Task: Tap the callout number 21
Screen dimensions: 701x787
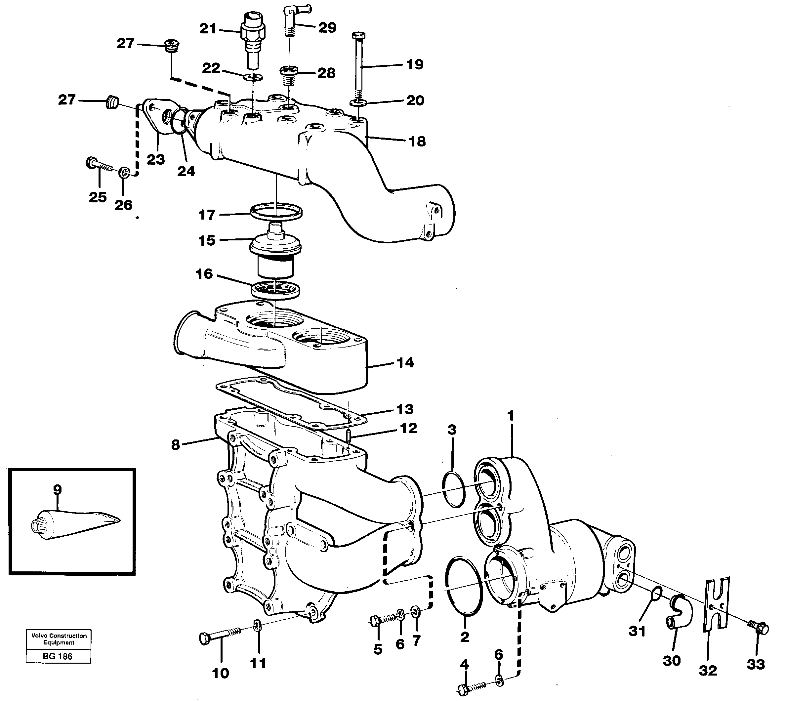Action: pos(208,28)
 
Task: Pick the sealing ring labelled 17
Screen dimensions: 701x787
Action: pos(276,211)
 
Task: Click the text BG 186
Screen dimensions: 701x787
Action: pos(58,656)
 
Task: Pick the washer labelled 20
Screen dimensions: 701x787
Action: pos(358,103)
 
